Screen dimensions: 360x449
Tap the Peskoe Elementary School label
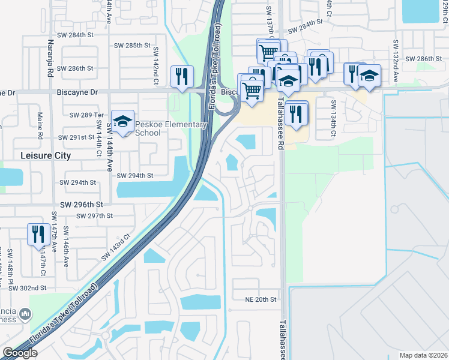click(x=171, y=128)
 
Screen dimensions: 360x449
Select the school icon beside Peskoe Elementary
click(x=122, y=122)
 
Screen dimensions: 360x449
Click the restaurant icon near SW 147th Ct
click(x=38, y=234)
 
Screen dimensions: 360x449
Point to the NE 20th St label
click(x=260, y=299)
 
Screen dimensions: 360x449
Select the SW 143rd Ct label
click(x=115, y=247)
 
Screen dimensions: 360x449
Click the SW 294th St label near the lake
click(x=135, y=176)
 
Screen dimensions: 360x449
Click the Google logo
click(x=20, y=353)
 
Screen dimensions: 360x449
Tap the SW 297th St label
click(x=95, y=216)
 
